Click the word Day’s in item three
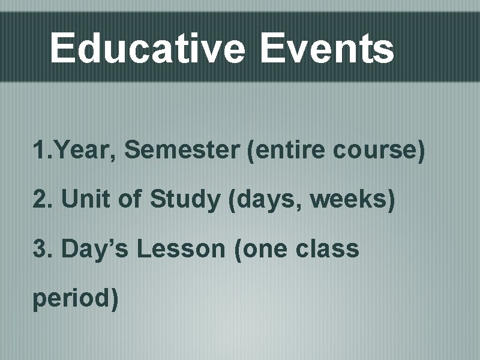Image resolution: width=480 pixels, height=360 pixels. click(95, 248)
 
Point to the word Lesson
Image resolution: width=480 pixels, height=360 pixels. click(181, 248)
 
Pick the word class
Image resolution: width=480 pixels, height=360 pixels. click(327, 248)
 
